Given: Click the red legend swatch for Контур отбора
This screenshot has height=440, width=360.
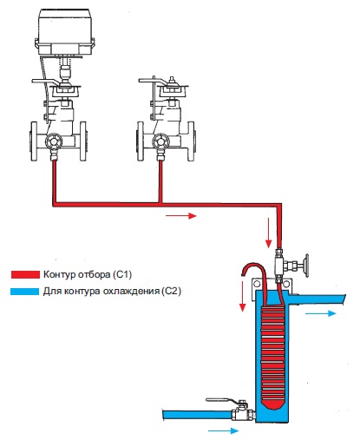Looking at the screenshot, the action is click(25, 274).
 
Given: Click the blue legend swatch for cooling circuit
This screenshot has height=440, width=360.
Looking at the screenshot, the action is click(24, 291).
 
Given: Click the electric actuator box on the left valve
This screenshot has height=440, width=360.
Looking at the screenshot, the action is click(64, 31).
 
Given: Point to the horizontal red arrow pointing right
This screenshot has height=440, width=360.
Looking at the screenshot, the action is click(181, 215).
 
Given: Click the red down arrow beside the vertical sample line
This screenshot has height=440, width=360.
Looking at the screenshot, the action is click(269, 233).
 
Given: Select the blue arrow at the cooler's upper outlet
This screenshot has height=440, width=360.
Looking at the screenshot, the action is click(321, 313).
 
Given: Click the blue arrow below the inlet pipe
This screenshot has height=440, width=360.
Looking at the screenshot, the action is click(224, 430).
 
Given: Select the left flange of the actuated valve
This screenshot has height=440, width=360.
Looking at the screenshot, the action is click(34, 141).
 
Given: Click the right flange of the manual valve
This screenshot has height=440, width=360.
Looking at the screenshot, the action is click(191, 141).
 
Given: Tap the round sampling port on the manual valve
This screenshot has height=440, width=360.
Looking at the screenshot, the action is click(160, 141).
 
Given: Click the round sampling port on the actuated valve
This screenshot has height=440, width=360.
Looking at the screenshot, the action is click(54, 141).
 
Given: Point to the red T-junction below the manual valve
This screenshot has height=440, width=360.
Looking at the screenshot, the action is click(160, 204).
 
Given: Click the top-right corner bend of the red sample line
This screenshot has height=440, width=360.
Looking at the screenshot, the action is click(279, 205).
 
